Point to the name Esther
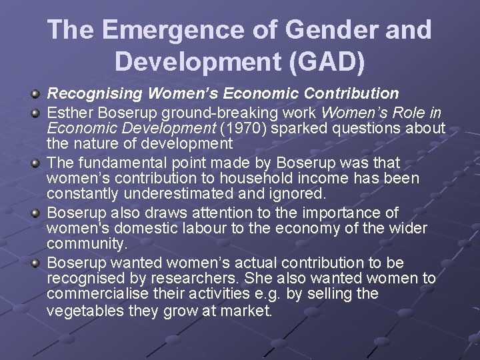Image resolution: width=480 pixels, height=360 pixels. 69,110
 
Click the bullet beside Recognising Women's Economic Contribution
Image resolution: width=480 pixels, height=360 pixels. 37,93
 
